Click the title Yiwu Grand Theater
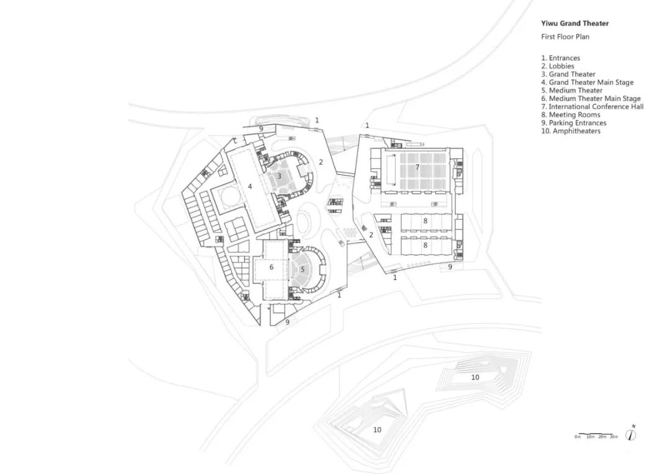tap(575, 24)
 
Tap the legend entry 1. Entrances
tap(560, 58)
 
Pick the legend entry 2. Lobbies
tap(557, 66)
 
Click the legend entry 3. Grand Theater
tap(568, 74)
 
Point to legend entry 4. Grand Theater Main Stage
tap(587, 83)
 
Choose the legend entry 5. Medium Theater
tap(571, 91)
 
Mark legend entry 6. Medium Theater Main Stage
tap(591, 99)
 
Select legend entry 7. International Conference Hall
tap(592, 107)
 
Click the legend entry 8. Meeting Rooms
tap(570, 115)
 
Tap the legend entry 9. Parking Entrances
tap(573, 123)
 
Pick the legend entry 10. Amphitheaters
tap(570, 131)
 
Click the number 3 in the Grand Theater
tap(279, 176)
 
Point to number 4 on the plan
tap(250, 186)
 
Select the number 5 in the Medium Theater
tap(303, 269)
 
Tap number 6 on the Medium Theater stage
tap(272, 267)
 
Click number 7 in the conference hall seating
tap(418, 168)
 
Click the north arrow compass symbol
tap(632, 434)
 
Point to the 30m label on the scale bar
tap(613, 437)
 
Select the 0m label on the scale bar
tap(577, 437)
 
